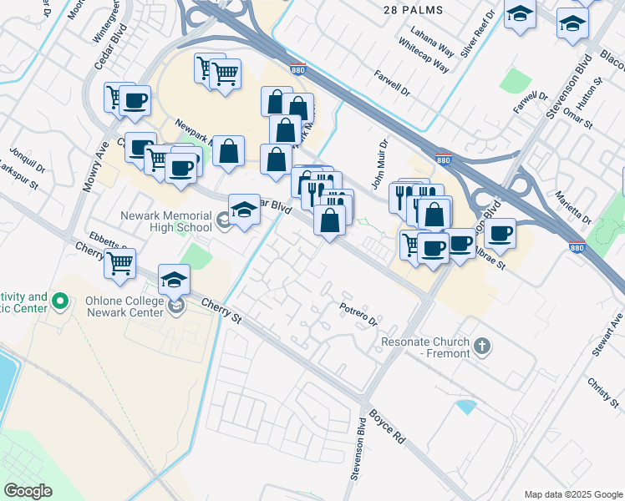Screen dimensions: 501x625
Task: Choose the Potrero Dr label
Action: coord(358,315)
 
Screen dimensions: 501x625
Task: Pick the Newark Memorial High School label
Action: coord(166,220)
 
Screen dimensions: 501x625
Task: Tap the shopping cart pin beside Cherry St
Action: coord(120,263)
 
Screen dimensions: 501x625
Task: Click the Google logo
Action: coord(28,491)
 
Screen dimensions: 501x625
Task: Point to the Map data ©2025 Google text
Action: coord(572,494)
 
